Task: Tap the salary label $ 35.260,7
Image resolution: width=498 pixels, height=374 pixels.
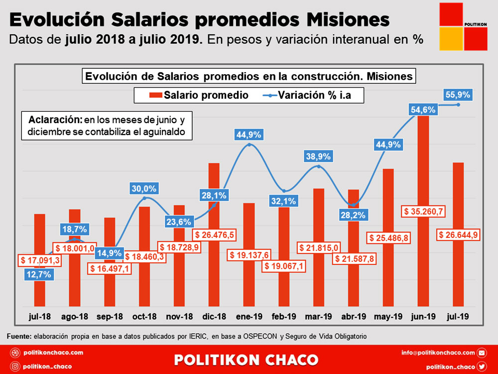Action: [x=423, y=211]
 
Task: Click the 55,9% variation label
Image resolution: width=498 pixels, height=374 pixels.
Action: [x=458, y=95]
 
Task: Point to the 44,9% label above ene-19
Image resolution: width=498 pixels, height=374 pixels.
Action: [x=249, y=135]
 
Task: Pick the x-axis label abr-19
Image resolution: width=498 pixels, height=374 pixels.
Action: [x=353, y=316]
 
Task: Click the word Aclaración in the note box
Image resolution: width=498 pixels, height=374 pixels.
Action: [x=55, y=120]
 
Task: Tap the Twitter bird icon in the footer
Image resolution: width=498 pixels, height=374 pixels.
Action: [x=482, y=367]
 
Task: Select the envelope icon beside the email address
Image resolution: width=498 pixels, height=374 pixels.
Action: [x=482, y=353]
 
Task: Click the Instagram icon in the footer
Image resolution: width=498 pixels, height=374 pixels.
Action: [x=15, y=367]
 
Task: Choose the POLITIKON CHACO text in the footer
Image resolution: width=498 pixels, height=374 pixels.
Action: [x=246, y=360]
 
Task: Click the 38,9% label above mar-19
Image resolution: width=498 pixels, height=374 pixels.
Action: [x=318, y=157]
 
